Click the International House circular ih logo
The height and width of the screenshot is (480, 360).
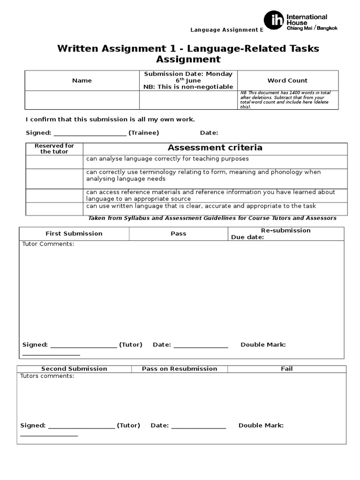(274, 21)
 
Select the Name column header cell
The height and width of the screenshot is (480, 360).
(82, 81)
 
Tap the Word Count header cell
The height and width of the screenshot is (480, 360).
(287, 81)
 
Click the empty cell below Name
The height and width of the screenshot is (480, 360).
(82, 100)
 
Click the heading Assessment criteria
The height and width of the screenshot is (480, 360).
(215, 148)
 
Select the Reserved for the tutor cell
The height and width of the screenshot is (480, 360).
(54, 149)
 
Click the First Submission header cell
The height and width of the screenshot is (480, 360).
(74, 233)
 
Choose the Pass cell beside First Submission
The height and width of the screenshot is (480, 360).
(179, 233)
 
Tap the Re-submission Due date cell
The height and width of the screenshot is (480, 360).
(285, 233)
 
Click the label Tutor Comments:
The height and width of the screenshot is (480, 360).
(48, 244)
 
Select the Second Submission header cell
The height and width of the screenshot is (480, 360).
(74, 369)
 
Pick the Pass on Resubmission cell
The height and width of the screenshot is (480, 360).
(180, 369)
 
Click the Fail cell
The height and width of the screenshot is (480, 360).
(287, 369)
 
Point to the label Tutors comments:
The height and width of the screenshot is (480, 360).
(47, 376)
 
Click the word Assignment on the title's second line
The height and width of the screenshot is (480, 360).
(188, 60)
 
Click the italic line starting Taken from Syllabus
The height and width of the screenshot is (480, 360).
(212, 218)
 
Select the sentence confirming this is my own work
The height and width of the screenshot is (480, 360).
(110, 120)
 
